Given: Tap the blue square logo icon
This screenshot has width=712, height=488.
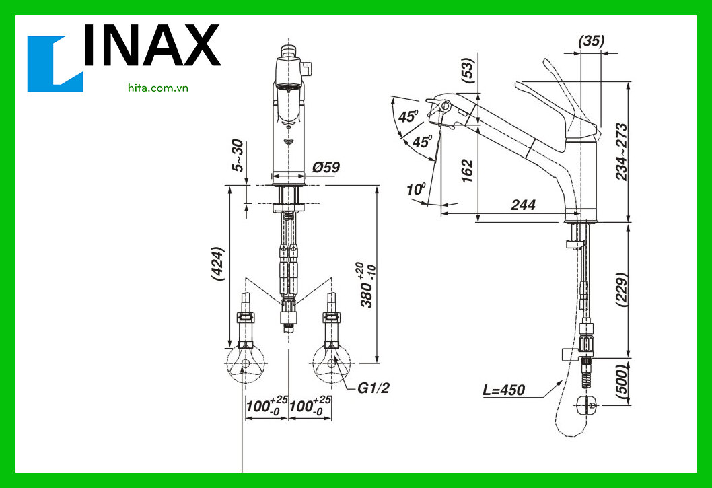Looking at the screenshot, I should pyautogui.click(x=55, y=64).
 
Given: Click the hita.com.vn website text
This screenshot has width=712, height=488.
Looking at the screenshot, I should pyautogui.click(x=157, y=88).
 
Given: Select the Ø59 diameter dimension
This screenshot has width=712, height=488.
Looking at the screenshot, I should pyautogui.click(x=326, y=167).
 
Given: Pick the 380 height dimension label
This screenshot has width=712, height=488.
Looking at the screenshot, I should pyautogui.click(x=368, y=286).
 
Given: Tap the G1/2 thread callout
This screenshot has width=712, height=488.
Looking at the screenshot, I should pyautogui.click(x=373, y=388).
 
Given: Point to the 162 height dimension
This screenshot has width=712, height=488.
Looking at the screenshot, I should pyautogui.click(x=468, y=170).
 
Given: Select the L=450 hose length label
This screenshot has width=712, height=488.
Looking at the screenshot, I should pyautogui.click(x=503, y=390).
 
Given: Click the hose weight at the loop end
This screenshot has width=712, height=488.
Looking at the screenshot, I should pyautogui.click(x=588, y=405).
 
